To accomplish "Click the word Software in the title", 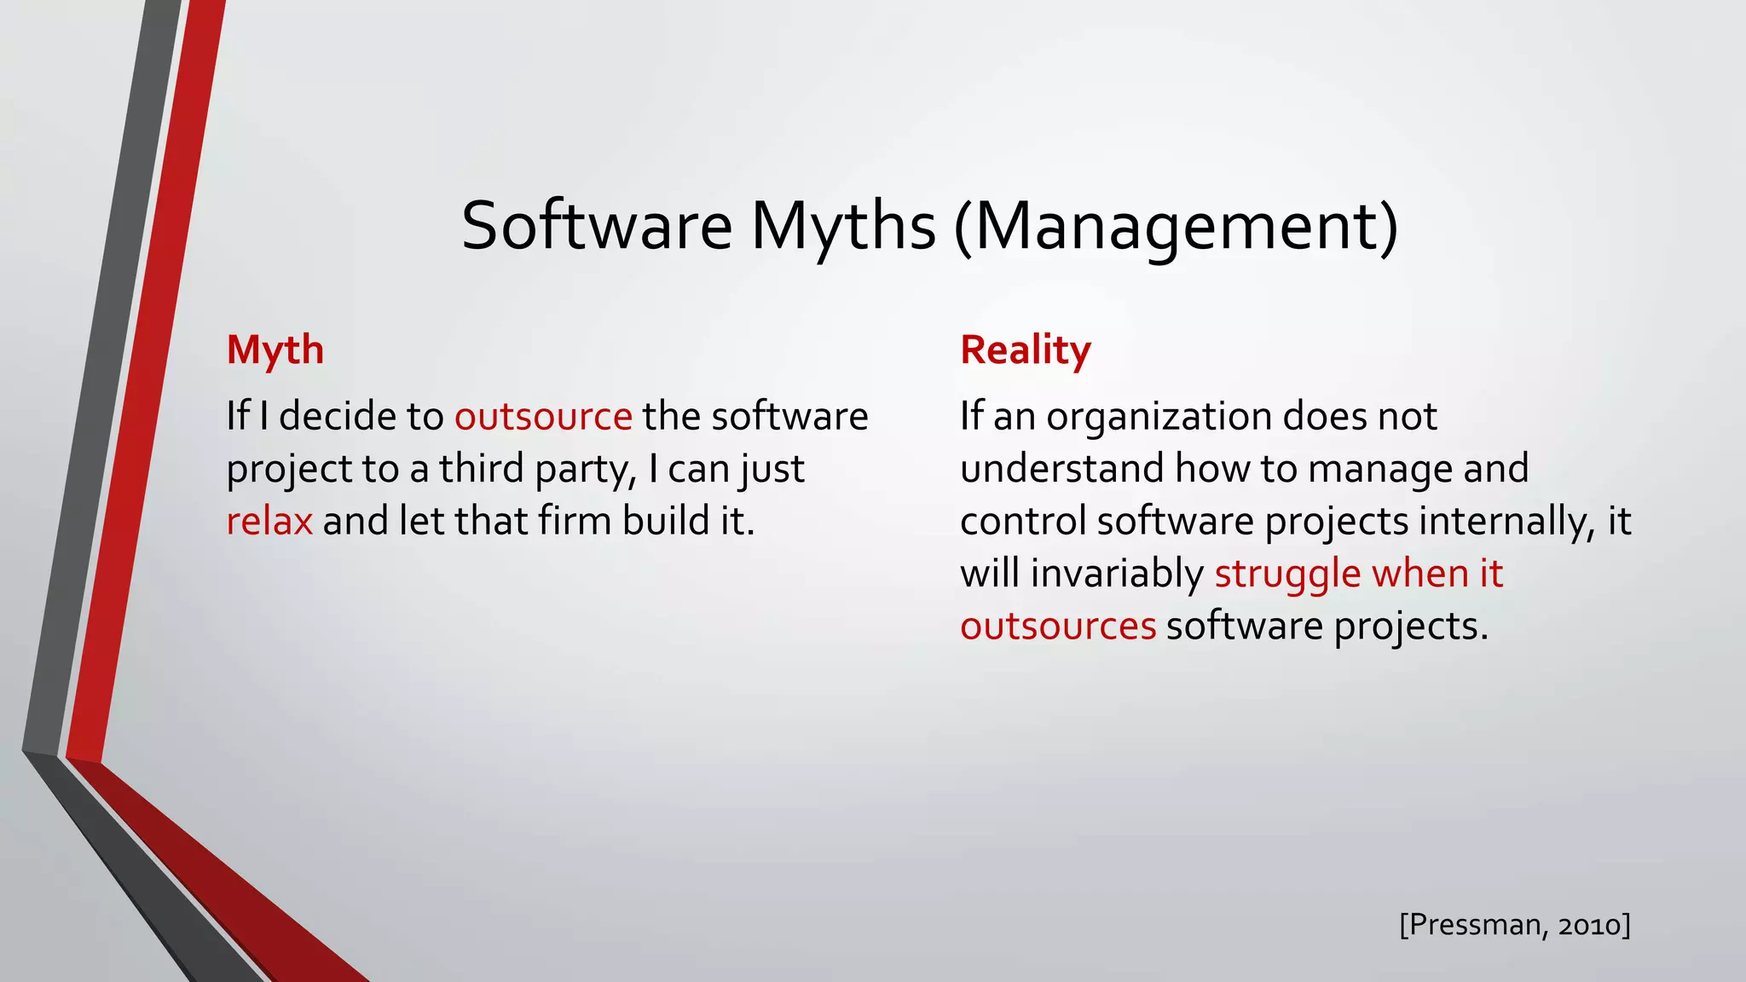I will (x=596, y=226).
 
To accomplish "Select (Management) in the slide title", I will (x=1176, y=226).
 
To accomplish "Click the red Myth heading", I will (x=275, y=349).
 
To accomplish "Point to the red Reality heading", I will (x=1025, y=349).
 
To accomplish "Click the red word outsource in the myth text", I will (x=543, y=417).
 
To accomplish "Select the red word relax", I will (x=269, y=521).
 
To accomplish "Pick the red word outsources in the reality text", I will (x=1058, y=627).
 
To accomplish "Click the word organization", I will (x=1159, y=417).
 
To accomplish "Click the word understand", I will (x=1062, y=469).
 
